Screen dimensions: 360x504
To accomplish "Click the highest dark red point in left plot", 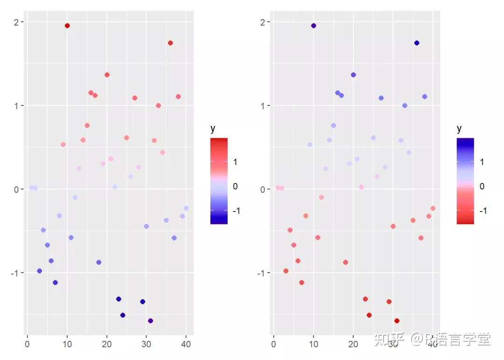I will click(67, 26).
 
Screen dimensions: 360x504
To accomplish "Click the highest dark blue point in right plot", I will click(314, 26).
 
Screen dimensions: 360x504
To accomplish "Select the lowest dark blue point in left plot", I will click(150, 321).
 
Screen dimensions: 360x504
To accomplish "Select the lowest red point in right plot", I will click(397, 321).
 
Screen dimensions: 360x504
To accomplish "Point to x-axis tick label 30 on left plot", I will click(147, 345).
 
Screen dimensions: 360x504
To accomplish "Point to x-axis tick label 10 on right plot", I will click(314, 345).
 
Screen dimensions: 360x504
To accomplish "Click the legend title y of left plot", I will click(213, 129).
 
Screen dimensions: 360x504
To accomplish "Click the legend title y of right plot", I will click(459, 129).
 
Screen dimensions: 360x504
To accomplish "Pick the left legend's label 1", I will click(235, 162).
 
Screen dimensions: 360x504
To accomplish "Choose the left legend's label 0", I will click(235, 186).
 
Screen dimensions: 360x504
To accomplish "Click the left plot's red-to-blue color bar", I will click(219, 181).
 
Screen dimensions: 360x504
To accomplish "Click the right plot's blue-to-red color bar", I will click(465, 181).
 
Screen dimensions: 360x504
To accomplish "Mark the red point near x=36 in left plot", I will click(170, 43).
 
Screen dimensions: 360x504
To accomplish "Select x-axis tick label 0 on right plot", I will click(273, 345).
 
